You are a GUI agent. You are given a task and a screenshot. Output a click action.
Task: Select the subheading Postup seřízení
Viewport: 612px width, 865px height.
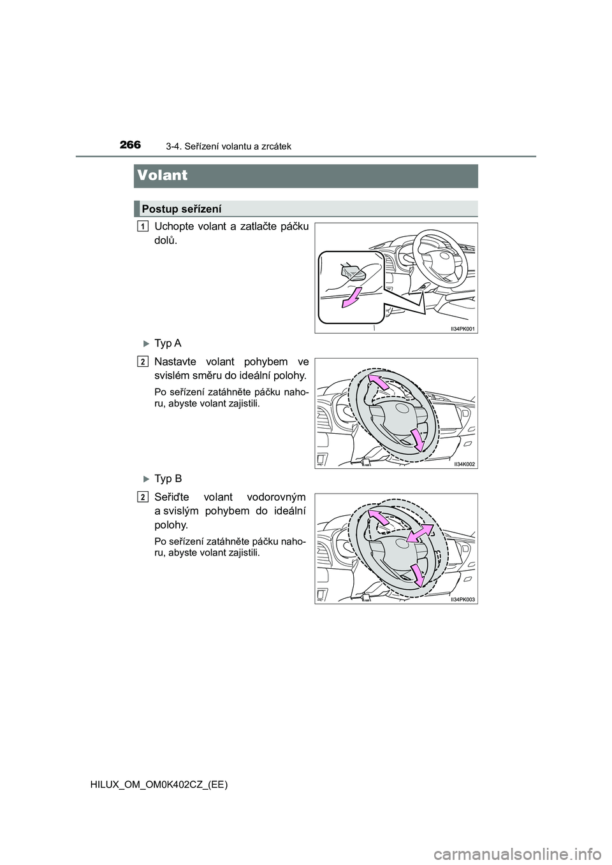pos(181,208)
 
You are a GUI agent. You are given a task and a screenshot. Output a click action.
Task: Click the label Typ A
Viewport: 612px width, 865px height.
pos(168,343)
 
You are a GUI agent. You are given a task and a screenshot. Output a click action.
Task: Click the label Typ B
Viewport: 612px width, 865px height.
pos(168,478)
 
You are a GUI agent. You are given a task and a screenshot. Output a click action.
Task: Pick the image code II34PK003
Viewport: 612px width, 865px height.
pos(462,599)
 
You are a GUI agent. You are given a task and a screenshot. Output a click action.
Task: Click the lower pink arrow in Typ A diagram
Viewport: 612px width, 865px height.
pos(418,440)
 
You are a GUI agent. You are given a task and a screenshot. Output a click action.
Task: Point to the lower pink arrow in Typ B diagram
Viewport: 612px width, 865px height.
pos(418,575)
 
